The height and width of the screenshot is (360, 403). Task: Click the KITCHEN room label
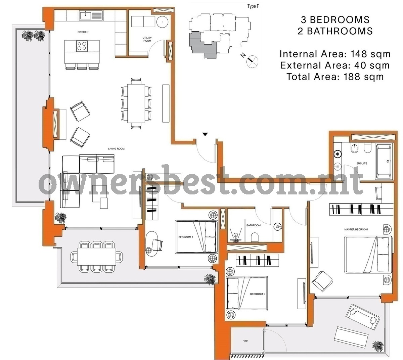click(x=83, y=32)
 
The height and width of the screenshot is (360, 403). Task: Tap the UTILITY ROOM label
click(x=147, y=39)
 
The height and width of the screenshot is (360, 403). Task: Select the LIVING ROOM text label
click(x=116, y=148)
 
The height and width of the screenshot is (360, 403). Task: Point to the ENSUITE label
click(x=362, y=164)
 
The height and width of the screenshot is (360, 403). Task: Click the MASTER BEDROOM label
click(x=356, y=229)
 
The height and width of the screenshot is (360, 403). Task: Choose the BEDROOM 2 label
click(x=186, y=237)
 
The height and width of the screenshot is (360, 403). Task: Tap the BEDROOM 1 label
click(x=257, y=294)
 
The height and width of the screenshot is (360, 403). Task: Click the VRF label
click(x=245, y=341)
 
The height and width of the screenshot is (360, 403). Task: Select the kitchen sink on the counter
click(x=85, y=15)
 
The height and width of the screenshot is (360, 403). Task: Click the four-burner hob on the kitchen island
click(x=82, y=46)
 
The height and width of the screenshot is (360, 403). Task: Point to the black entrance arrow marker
click(x=205, y=134)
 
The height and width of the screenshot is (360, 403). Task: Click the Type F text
click(x=253, y=6)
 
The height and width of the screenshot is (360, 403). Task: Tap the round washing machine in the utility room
click(x=162, y=22)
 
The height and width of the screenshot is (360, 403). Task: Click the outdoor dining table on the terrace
click(x=97, y=256)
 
